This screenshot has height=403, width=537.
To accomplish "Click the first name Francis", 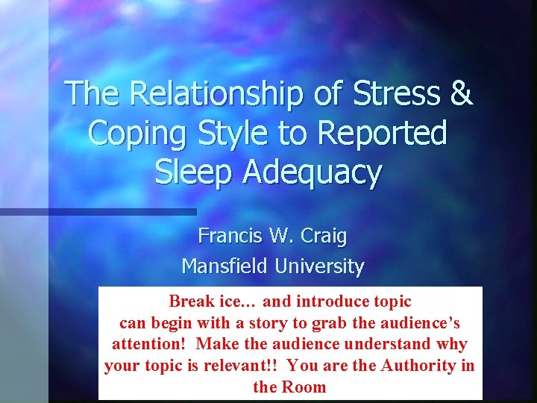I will (228, 237).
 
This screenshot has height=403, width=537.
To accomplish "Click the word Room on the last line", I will (304, 387).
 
